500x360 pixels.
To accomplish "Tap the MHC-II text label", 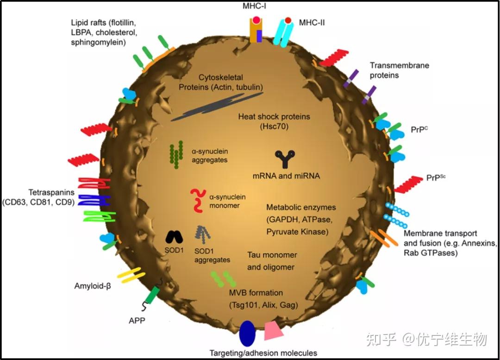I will tap(312, 22).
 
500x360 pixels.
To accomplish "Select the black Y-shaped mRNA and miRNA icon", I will tap(284, 159).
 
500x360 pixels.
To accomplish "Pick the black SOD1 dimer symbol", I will tap(174, 237).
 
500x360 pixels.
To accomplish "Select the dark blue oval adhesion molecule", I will tap(248, 334).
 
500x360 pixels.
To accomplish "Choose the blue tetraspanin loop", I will tap(94, 200).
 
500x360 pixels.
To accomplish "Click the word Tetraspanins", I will tap(51, 192).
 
